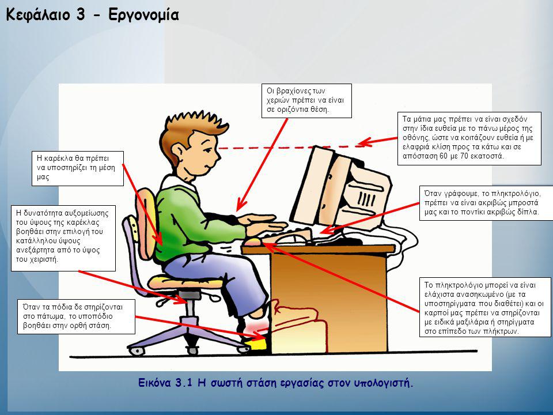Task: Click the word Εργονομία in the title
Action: click(143, 15)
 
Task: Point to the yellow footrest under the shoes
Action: click(255, 344)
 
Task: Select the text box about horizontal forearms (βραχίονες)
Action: click(306, 100)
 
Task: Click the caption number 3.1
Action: click(183, 383)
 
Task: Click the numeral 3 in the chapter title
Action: click(81, 15)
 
